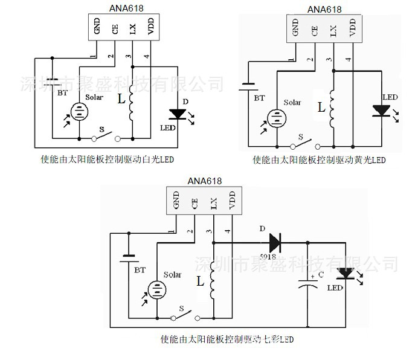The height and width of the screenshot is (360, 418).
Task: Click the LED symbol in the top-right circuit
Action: click(x=381, y=111)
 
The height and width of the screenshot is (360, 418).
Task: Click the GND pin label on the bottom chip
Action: click(x=176, y=199)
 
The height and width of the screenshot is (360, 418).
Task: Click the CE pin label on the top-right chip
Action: click(x=313, y=28)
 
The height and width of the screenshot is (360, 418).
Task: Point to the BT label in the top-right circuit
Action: click(x=259, y=97)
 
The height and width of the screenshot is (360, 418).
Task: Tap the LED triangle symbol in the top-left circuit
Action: click(x=178, y=114)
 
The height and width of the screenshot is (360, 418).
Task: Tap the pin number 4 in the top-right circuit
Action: click(x=348, y=60)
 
